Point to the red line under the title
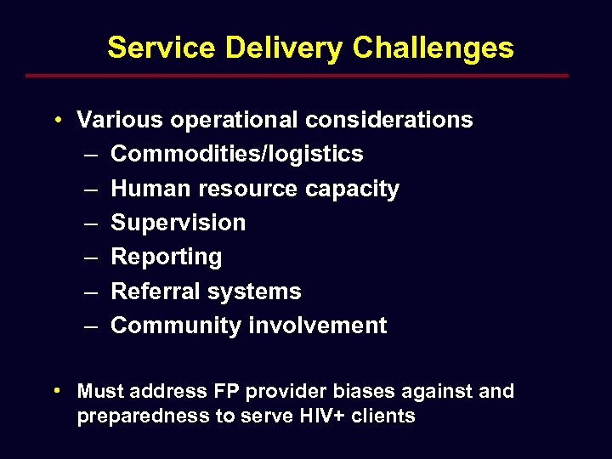[x=297, y=76]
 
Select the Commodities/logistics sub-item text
[x=237, y=154]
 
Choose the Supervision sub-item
[x=178, y=223]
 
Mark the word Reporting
[x=167, y=257]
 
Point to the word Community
[x=176, y=326]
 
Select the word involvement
[x=318, y=326]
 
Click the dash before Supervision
[x=91, y=223]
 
